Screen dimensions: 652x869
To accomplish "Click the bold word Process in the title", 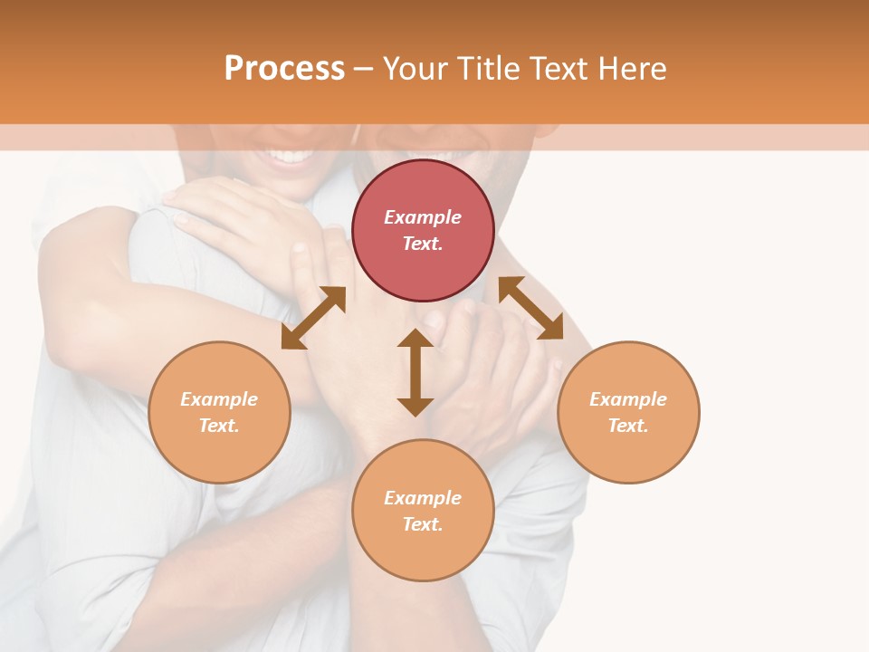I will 284,69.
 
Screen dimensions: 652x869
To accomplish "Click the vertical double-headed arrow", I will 415,372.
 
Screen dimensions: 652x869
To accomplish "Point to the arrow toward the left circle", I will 313,318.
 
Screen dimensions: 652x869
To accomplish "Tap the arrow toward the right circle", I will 530,309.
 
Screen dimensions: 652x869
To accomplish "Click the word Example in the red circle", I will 423,217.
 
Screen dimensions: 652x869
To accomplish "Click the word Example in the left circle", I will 219,399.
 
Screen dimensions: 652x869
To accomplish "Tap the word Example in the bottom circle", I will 423,498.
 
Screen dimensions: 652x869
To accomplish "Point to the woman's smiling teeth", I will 289,157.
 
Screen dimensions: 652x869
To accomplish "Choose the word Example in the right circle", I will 628,399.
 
